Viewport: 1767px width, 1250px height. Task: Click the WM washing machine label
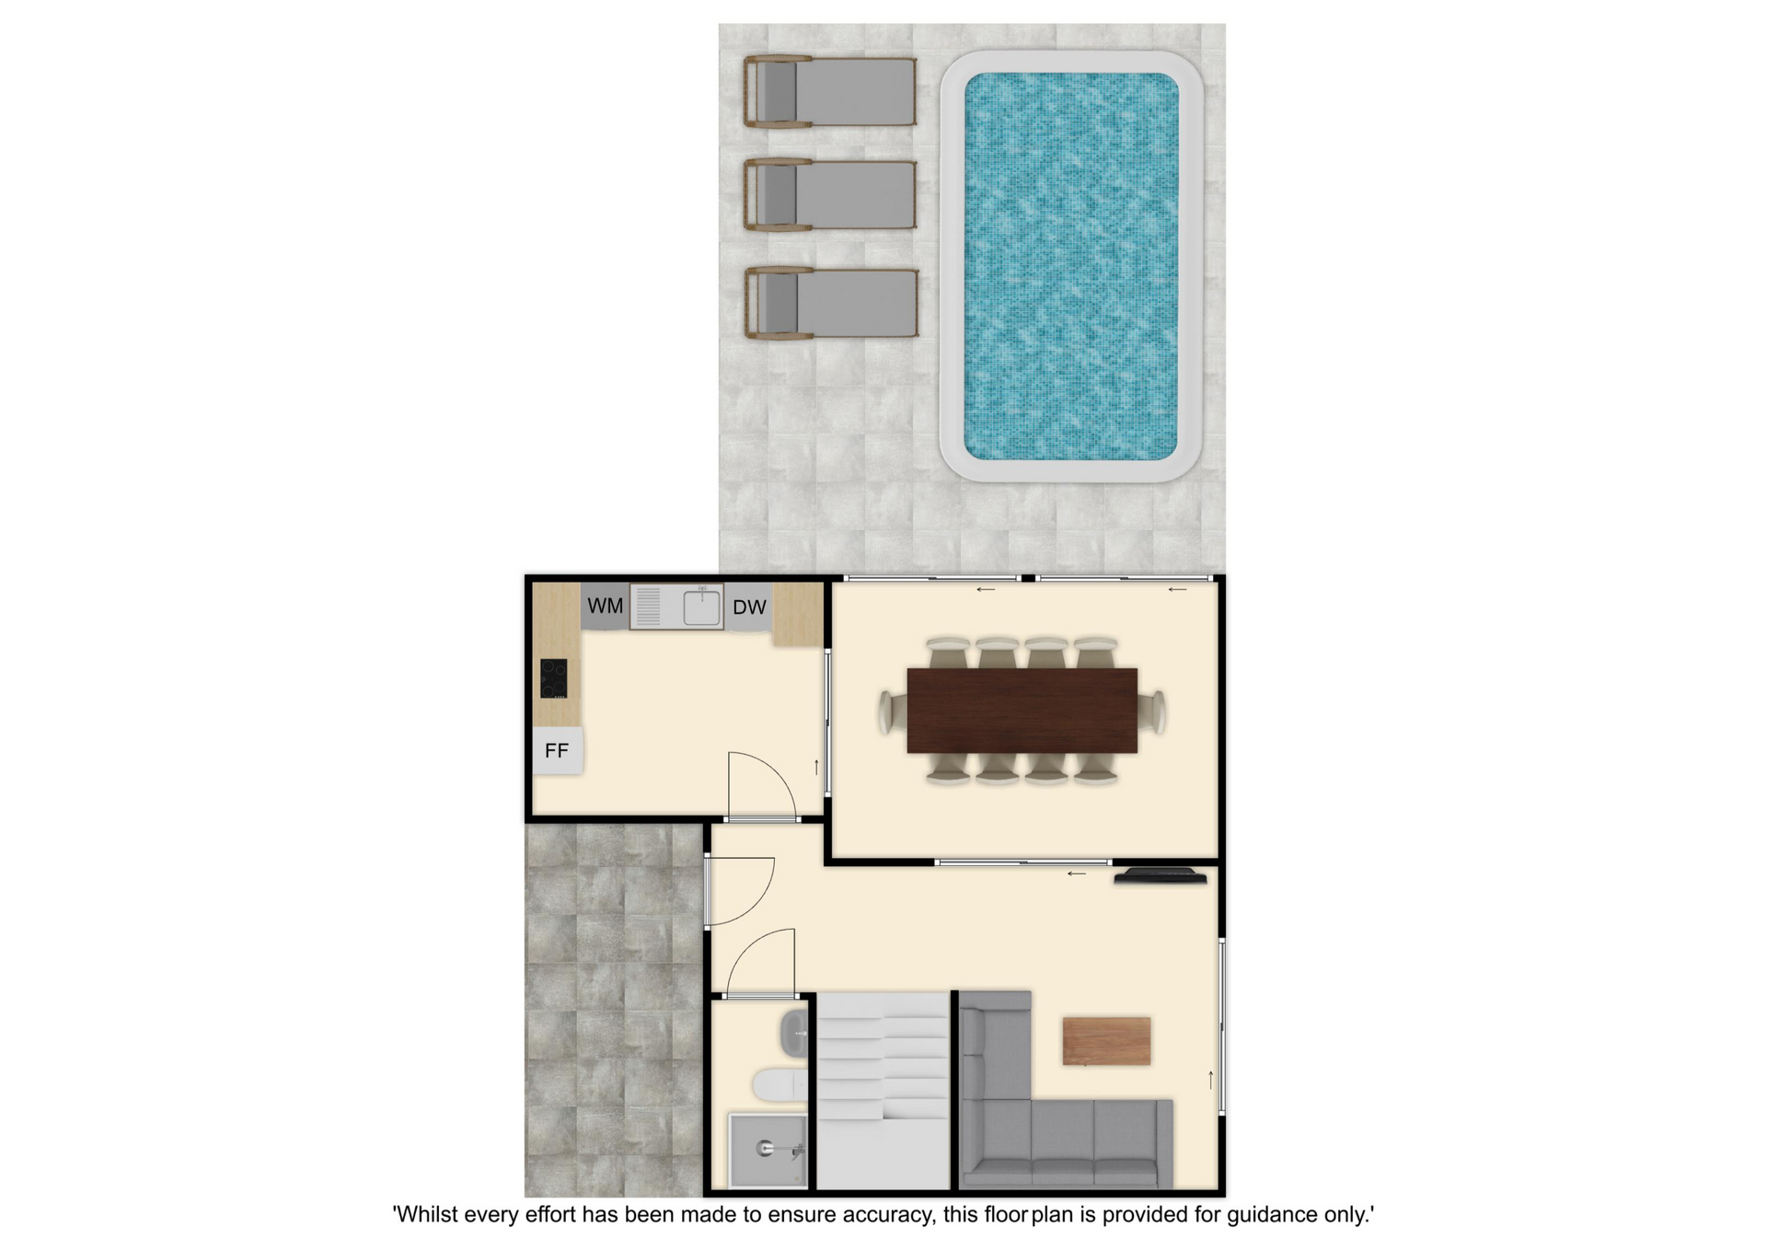pos(605,606)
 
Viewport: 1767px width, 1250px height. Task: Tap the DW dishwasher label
pos(749,608)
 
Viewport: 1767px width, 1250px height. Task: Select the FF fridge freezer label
pos(557,751)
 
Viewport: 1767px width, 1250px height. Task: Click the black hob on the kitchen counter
pos(554,678)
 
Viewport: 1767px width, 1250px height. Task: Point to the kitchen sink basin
pos(701,608)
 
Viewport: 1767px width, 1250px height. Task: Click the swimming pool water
pos(1071,266)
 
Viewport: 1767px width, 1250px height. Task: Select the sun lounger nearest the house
pos(831,303)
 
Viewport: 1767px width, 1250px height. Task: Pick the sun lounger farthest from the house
pos(829,91)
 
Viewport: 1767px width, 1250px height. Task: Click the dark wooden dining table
pos(1022,711)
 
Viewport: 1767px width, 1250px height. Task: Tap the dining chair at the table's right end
pos(1151,712)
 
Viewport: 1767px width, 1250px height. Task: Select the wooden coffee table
pos(1106,1041)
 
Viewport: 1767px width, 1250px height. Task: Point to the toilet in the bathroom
pos(779,1084)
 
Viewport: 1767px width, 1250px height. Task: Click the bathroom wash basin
pos(793,1034)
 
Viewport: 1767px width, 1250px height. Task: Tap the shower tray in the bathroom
pos(768,1151)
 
